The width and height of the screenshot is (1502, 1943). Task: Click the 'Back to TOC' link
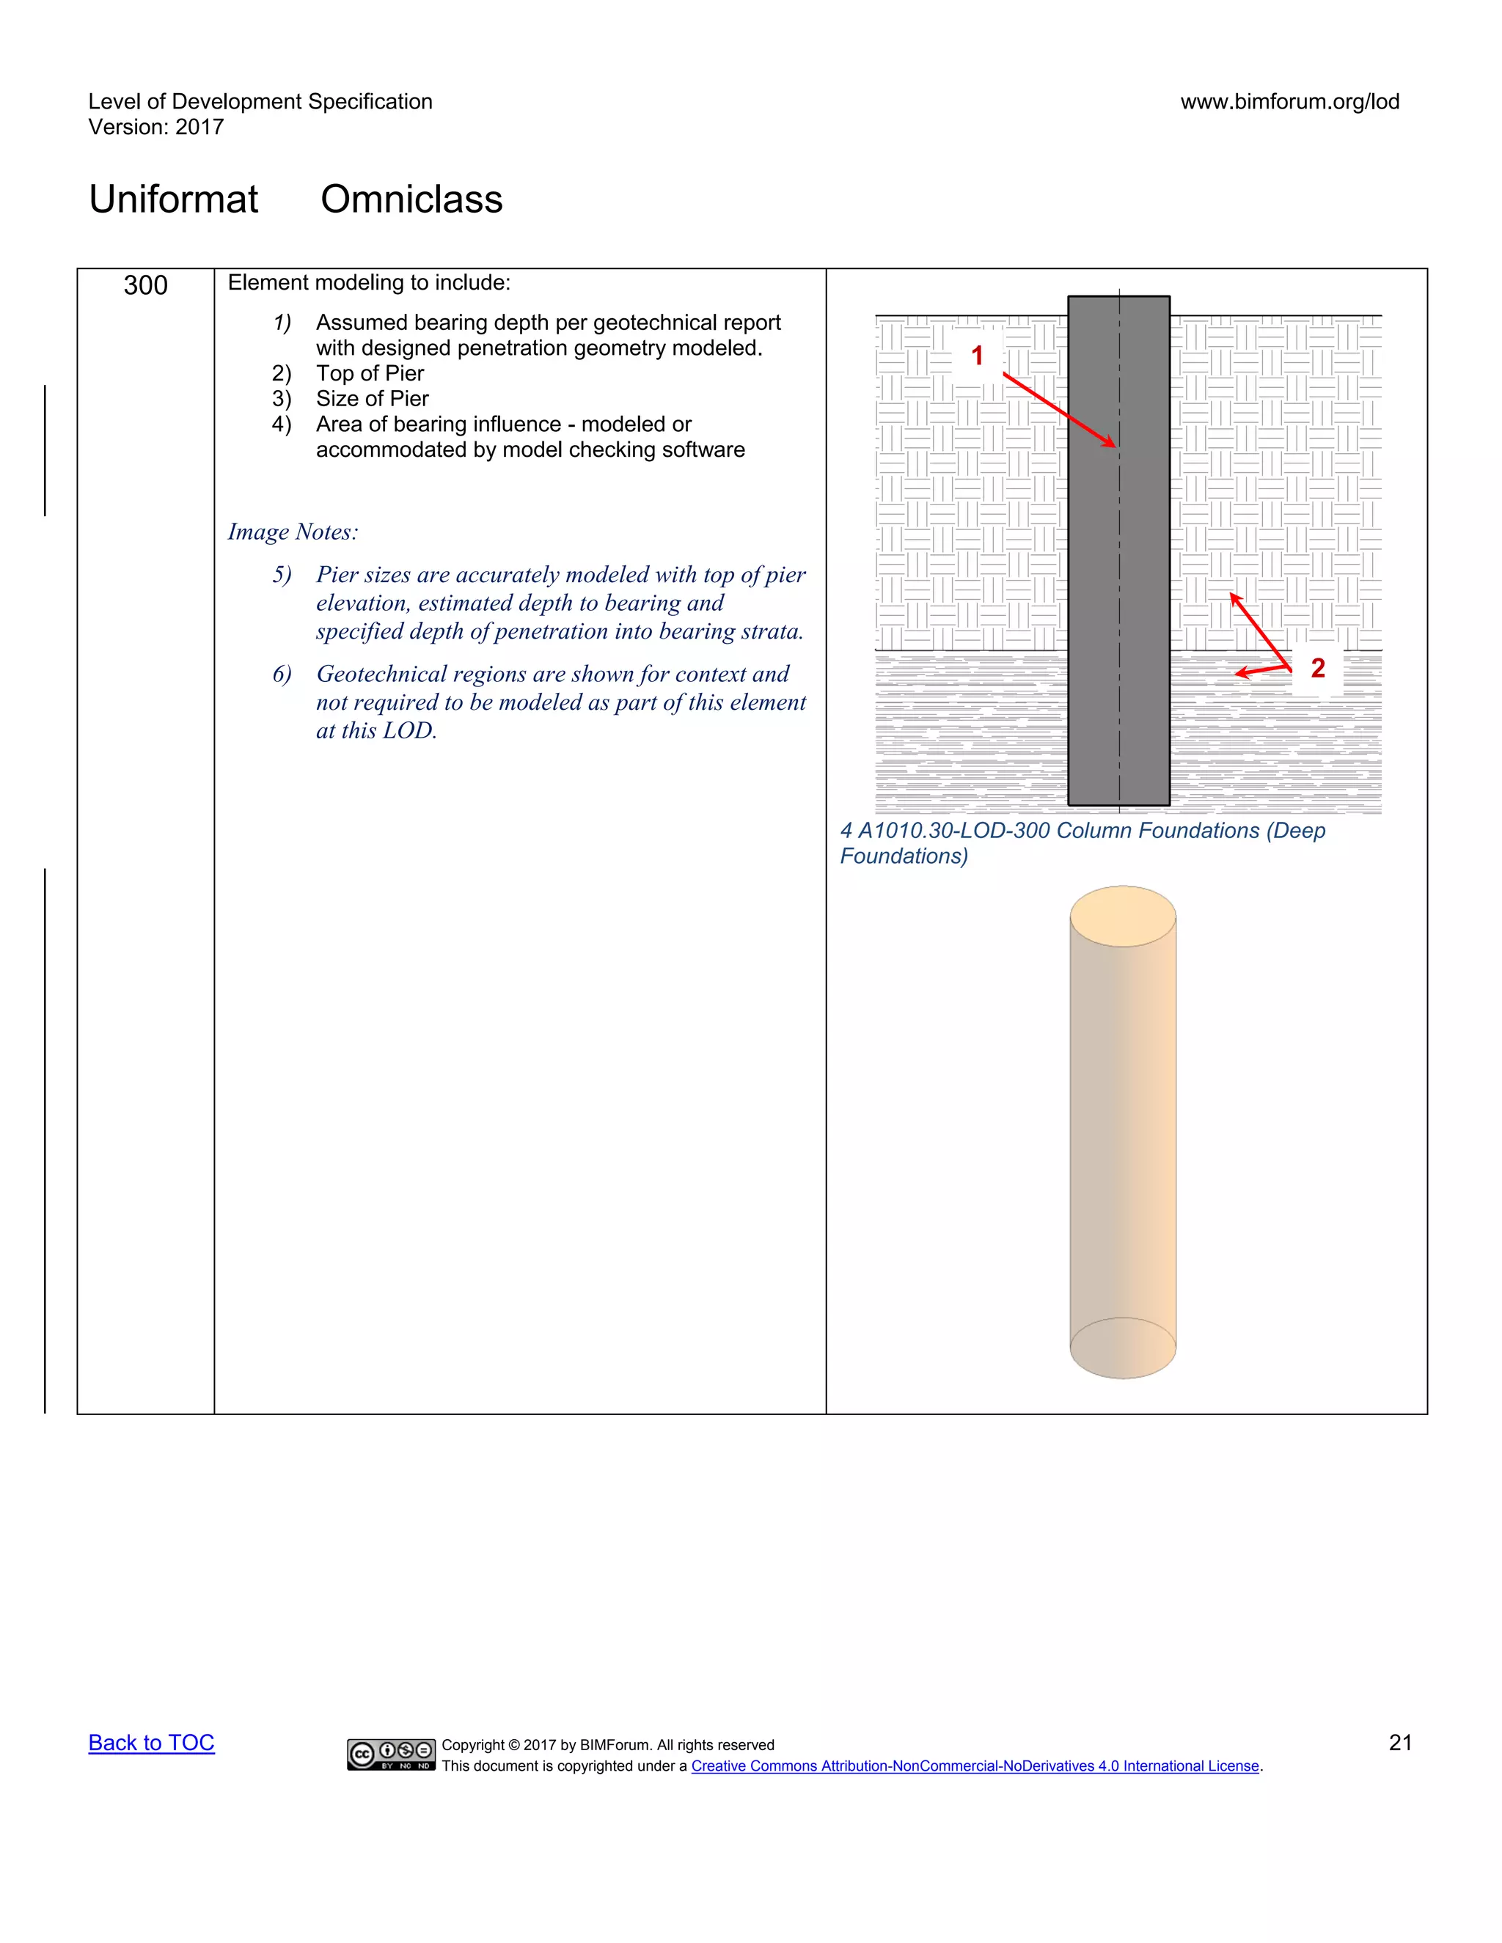[x=151, y=1742]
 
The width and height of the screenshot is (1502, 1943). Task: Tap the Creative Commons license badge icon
[x=391, y=1754]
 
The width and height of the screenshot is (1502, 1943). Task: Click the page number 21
[x=1399, y=1742]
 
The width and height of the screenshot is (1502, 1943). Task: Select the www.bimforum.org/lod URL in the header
[x=1289, y=101]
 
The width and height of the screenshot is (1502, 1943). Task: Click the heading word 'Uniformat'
[x=174, y=199]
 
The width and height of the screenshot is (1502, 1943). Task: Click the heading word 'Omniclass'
[x=411, y=199]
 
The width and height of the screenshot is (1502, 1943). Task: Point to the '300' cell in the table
[x=145, y=285]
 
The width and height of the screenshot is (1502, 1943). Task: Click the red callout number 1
[x=977, y=356]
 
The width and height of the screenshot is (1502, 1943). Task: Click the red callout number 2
[x=1318, y=668]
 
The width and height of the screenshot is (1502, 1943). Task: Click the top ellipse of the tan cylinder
[x=1122, y=917]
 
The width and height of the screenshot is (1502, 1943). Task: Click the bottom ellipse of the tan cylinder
[x=1122, y=1347]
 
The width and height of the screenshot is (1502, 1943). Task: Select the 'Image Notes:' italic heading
[x=293, y=532]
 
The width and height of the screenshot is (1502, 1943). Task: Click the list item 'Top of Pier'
[x=370, y=374]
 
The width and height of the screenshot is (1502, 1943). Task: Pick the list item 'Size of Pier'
[x=372, y=399]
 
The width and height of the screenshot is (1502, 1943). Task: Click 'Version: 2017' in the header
[x=155, y=128]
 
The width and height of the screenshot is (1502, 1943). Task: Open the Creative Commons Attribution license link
[x=975, y=1766]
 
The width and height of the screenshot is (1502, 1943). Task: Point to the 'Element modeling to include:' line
[x=370, y=283]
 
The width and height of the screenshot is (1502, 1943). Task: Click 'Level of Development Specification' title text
[x=260, y=101]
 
